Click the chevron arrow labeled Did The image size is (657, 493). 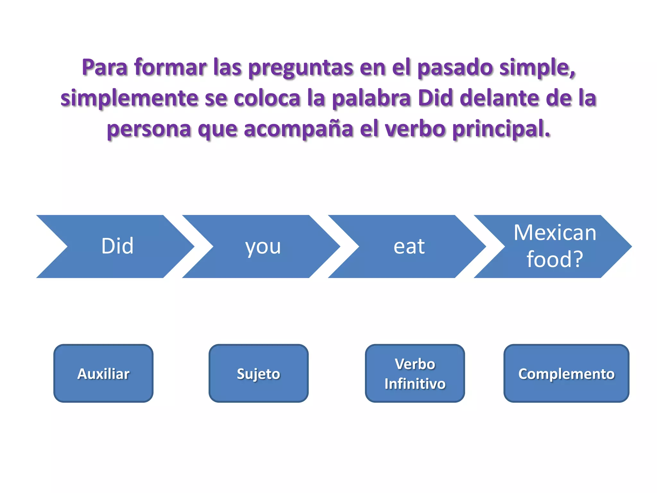[117, 246]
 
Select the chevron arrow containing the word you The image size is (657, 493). [263, 246]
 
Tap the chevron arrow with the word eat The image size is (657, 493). [409, 246]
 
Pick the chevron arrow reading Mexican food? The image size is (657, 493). [555, 246]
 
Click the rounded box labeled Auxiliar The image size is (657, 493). [103, 373]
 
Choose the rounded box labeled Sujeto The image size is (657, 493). [258, 373]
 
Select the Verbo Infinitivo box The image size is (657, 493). [415, 373]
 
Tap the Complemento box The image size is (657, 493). [566, 373]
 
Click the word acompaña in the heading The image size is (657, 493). [299, 129]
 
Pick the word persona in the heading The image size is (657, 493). [149, 129]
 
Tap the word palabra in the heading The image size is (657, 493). [371, 98]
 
